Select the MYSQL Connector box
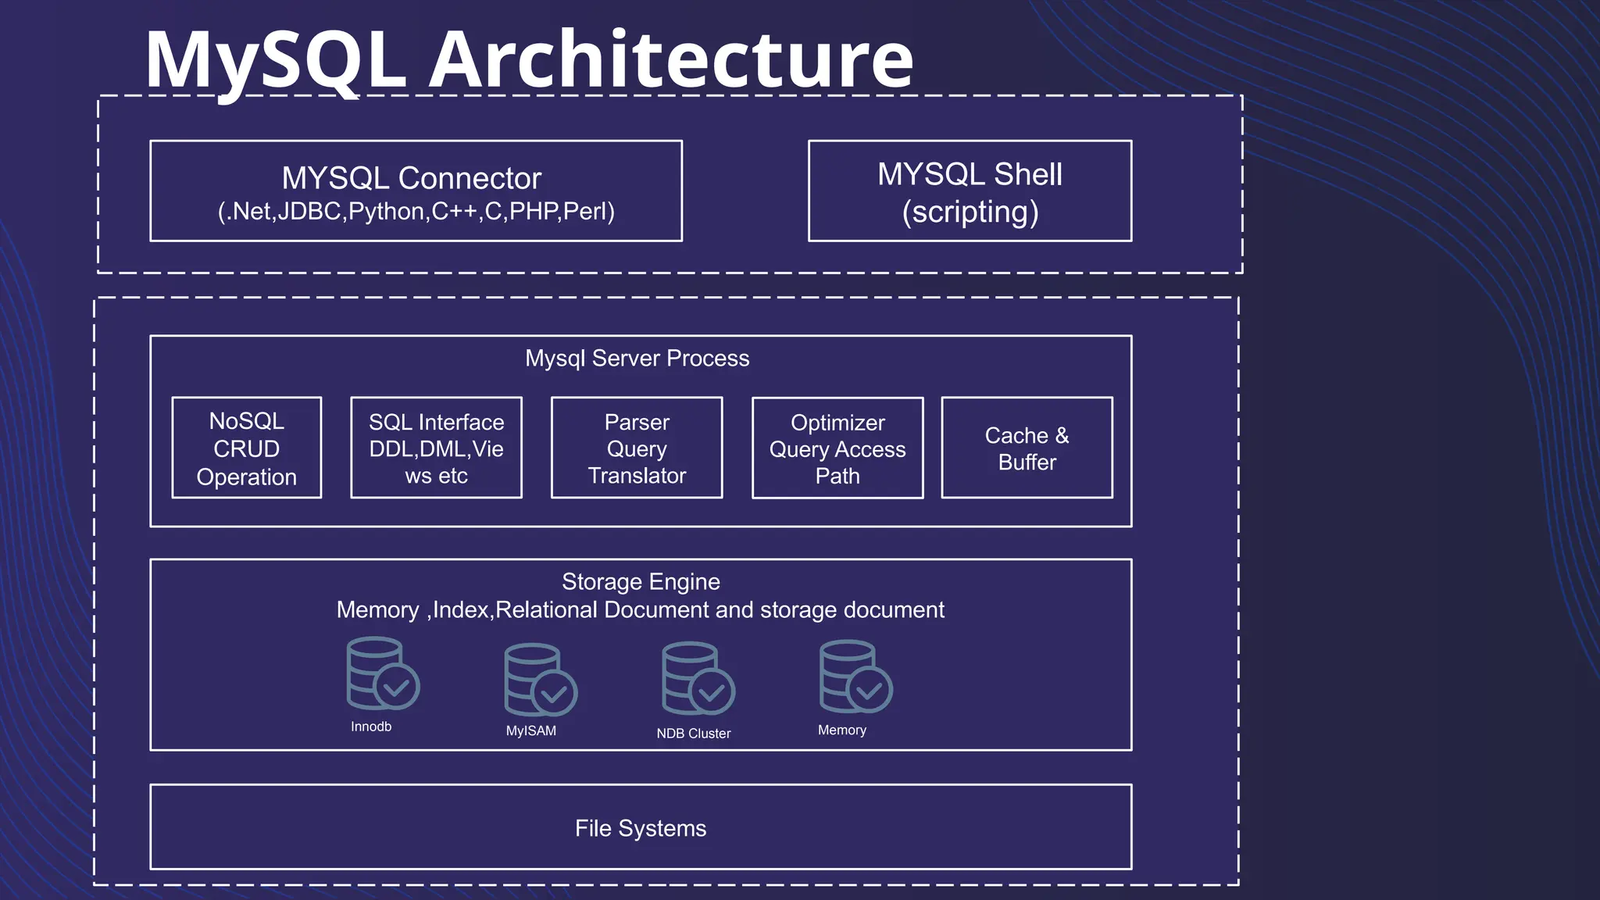(x=416, y=191)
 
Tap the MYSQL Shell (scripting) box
(x=970, y=191)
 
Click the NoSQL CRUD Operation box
(x=247, y=448)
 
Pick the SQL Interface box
(x=436, y=448)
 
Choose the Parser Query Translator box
(x=637, y=448)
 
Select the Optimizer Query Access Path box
(x=837, y=448)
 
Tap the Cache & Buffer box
(x=1027, y=448)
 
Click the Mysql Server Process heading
(x=637, y=358)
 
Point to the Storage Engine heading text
(x=641, y=581)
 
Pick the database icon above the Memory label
(x=855, y=676)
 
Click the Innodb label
(x=371, y=727)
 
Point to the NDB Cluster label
(x=694, y=734)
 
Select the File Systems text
(x=641, y=828)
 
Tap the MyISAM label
(x=531, y=730)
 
